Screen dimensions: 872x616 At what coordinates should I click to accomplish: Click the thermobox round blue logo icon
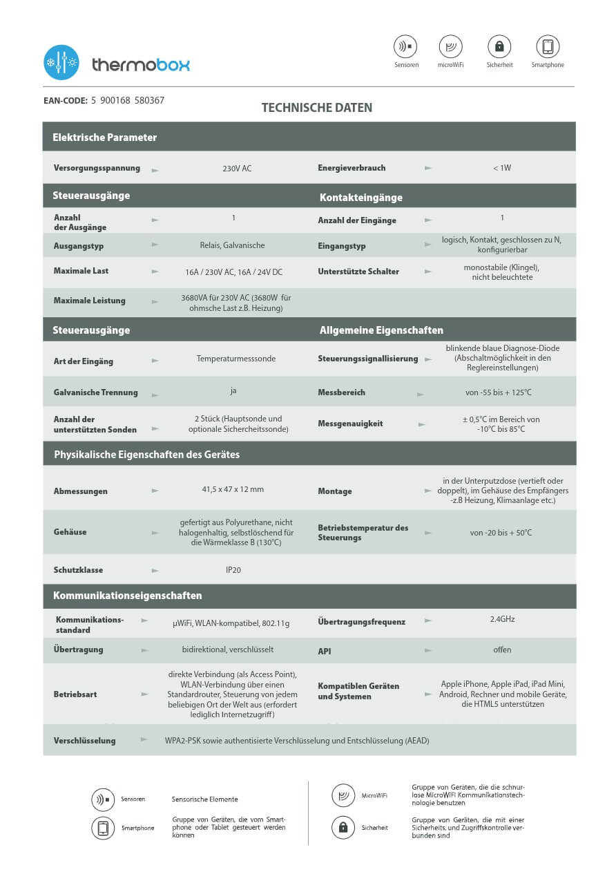(x=61, y=63)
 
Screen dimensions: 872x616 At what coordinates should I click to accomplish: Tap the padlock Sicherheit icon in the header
(x=499, y=47)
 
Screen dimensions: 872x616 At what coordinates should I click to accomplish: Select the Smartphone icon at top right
(x=548, y=47)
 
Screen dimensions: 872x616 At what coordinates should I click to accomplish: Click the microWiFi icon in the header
(x=450, y=47)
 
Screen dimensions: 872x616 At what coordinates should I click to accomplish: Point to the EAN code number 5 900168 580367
(x=128, y=101)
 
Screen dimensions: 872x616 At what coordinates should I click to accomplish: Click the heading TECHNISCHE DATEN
(x=317, y=108)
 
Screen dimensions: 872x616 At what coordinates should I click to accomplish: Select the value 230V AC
(x=237, y=169)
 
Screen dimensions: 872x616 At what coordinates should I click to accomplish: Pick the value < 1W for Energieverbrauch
(x=502, y=168)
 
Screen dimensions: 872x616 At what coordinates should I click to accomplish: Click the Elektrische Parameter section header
(x=105, y=138)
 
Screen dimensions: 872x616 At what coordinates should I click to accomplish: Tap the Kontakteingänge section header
(x=361, y=198)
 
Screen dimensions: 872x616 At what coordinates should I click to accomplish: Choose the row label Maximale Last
(x=81, y=271)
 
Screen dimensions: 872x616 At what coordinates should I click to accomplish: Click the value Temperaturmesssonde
(x=236, y=359)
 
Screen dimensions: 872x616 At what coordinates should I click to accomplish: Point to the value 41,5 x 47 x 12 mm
(x=233, y=489)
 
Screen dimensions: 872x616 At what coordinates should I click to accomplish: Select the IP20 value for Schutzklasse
(x=233, y=571)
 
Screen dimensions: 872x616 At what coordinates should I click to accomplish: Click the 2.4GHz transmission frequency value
(x=502, y=619)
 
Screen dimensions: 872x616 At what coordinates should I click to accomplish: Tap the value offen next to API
(x=502, y=650)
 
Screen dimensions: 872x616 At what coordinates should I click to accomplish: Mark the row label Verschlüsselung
(x=84, y=741)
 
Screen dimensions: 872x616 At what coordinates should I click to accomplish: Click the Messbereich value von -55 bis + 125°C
(x=499, y=392)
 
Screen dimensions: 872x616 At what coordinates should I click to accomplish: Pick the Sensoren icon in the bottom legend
(x=103, y=800)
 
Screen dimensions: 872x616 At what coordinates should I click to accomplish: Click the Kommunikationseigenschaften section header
(x=128, y=596)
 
